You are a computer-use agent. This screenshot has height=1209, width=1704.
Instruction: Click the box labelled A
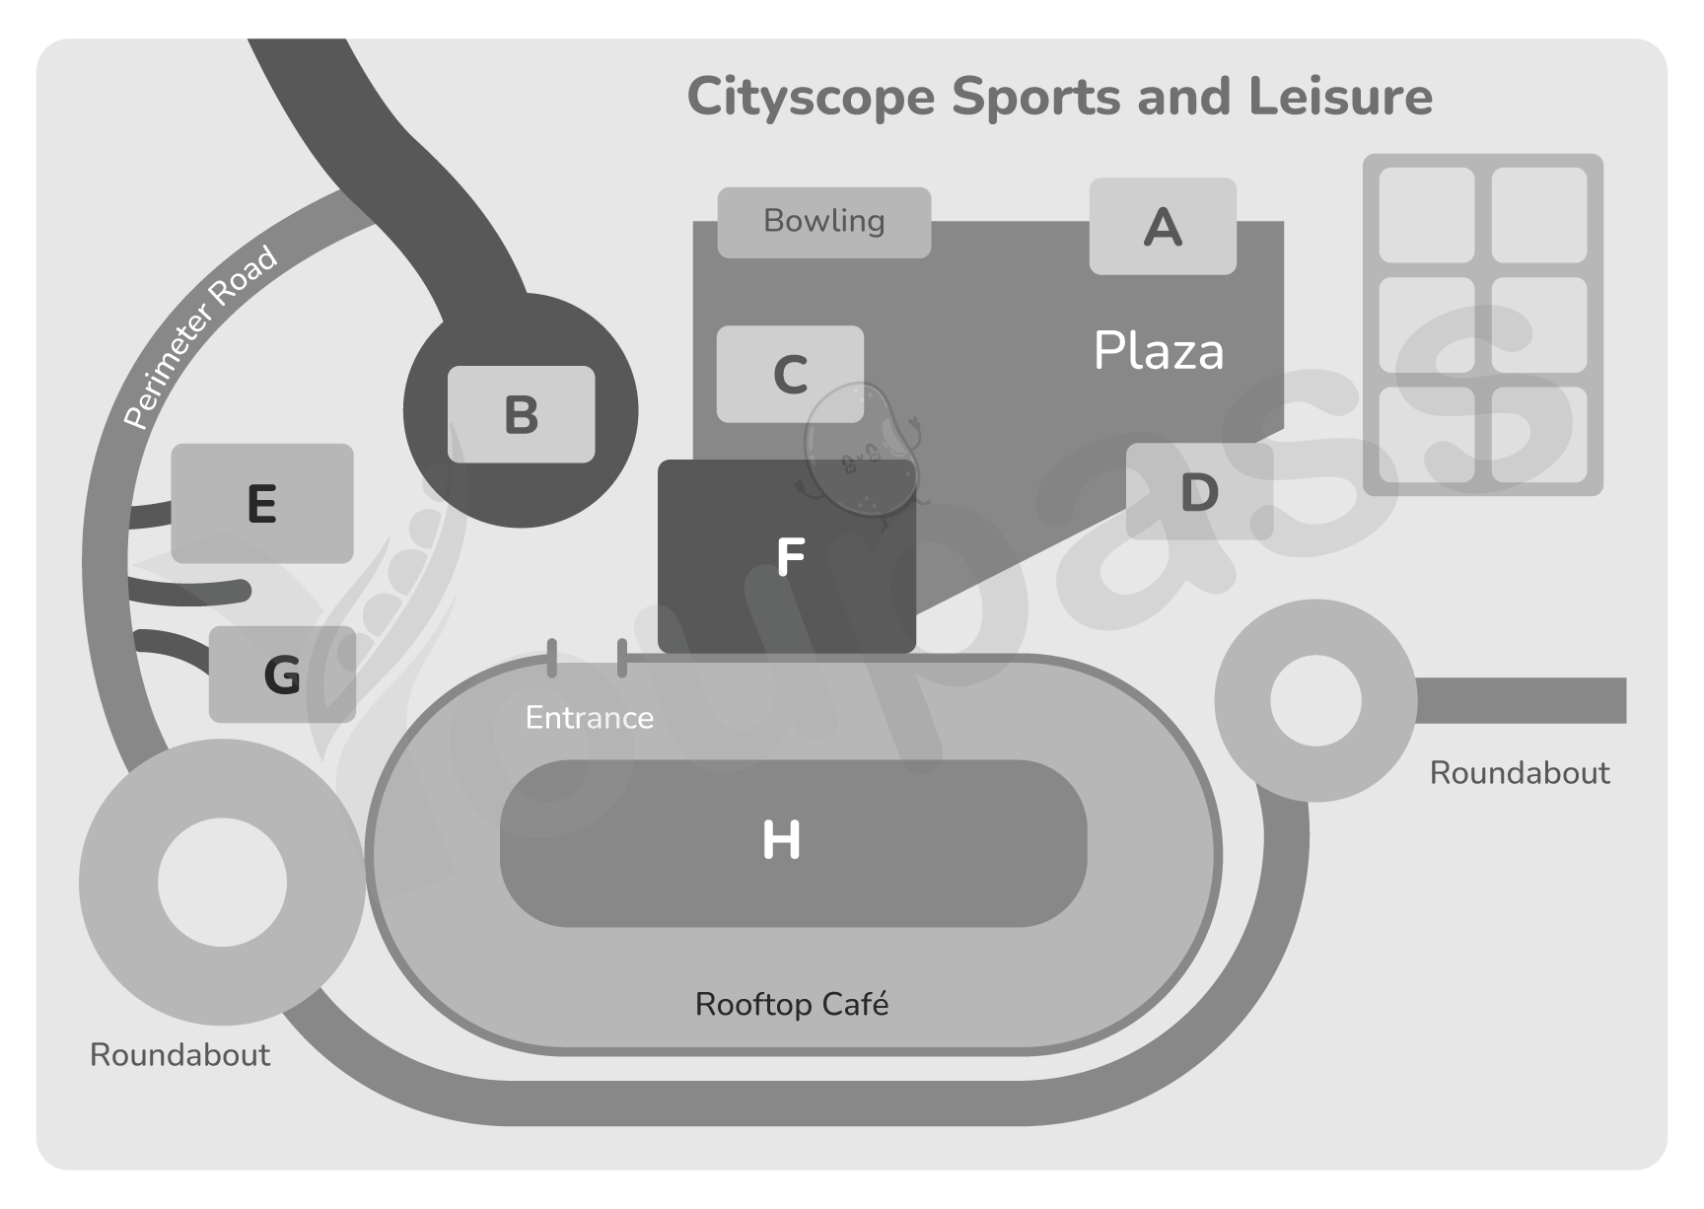point(1162,227)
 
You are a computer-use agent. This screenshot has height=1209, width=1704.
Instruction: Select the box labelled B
point(521,414)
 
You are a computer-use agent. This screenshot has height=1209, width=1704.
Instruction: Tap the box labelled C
point(790,375)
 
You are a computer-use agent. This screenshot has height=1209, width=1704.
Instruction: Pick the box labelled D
point(1199,492)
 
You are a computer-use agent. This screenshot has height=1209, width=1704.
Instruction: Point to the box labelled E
point(262,504)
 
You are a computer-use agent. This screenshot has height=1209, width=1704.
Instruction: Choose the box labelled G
point(282,675)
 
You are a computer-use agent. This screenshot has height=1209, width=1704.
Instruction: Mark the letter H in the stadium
point(781,841)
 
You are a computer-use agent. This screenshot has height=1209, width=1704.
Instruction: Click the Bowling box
point(823,222)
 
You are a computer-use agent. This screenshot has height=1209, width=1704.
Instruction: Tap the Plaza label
point(1159,351)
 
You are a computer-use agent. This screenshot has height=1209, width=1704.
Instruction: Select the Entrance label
point(589,718)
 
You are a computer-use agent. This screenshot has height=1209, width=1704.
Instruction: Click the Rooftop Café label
point(792,1005)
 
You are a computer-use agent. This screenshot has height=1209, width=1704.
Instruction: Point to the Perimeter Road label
point(200,337)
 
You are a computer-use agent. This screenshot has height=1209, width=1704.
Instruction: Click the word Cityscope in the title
point(811,98)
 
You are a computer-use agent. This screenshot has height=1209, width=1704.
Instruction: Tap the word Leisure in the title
point(1340,97)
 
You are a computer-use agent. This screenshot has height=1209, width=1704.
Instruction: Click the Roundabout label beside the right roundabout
point(1519,773)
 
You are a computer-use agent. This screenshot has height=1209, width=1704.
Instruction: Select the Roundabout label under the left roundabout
point(179,1055)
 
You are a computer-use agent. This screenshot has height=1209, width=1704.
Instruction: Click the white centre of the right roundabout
point(1315,701)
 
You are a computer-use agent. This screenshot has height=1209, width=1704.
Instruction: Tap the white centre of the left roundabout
point(222,882)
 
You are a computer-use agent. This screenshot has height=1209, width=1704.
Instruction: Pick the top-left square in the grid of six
point(1426,215)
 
